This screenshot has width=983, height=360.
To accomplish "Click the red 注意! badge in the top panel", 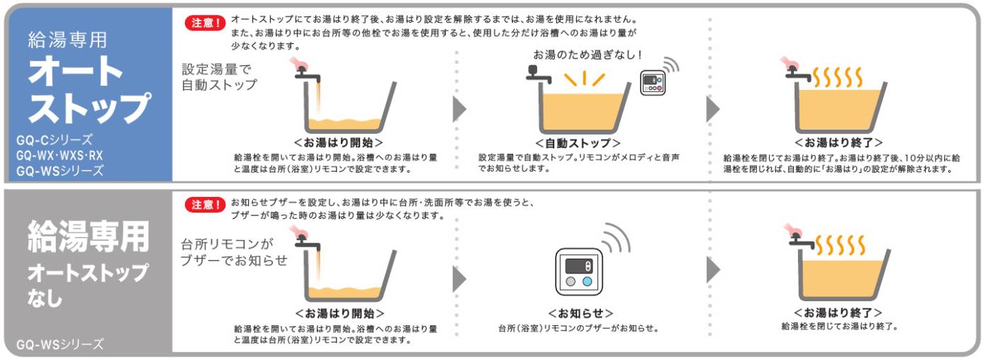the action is (x=206, y=23).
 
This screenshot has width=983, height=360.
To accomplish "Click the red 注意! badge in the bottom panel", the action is (x=206, y=204).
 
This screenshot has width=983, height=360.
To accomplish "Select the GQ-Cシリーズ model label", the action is (x=55, y=140).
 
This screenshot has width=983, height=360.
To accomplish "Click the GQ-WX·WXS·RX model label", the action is (x=60, y=155).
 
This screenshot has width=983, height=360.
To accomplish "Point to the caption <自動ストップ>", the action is (x=578, y=143).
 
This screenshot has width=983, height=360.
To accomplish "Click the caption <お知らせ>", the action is (x=580, y=313).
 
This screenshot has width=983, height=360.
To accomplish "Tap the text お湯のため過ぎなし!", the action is (x=588, y=55).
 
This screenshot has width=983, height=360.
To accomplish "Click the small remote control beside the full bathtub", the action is (x=653, y=82).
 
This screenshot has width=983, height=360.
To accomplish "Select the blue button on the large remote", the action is (x=587, y=281).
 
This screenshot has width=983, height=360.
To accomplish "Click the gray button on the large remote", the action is (x=571, y=281).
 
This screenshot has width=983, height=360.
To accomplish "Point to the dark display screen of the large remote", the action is (x=579, y=266).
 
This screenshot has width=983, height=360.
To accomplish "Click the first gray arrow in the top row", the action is (x=459, y=109).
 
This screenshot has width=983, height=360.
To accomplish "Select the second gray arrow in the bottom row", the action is (x=713, y=269).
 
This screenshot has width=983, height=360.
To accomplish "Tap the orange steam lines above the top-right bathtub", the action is (x=837, y=77).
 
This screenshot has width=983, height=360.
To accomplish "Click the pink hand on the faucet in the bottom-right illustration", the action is (x=794, y=230).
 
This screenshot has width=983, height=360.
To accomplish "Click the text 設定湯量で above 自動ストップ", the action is (x=216, y=69).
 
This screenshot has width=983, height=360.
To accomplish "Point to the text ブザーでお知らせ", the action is (x=234, y=260).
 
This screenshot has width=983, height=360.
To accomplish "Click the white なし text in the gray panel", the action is (x=45, y=298).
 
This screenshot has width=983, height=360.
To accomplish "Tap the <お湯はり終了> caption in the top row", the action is (x=838, y=142).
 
